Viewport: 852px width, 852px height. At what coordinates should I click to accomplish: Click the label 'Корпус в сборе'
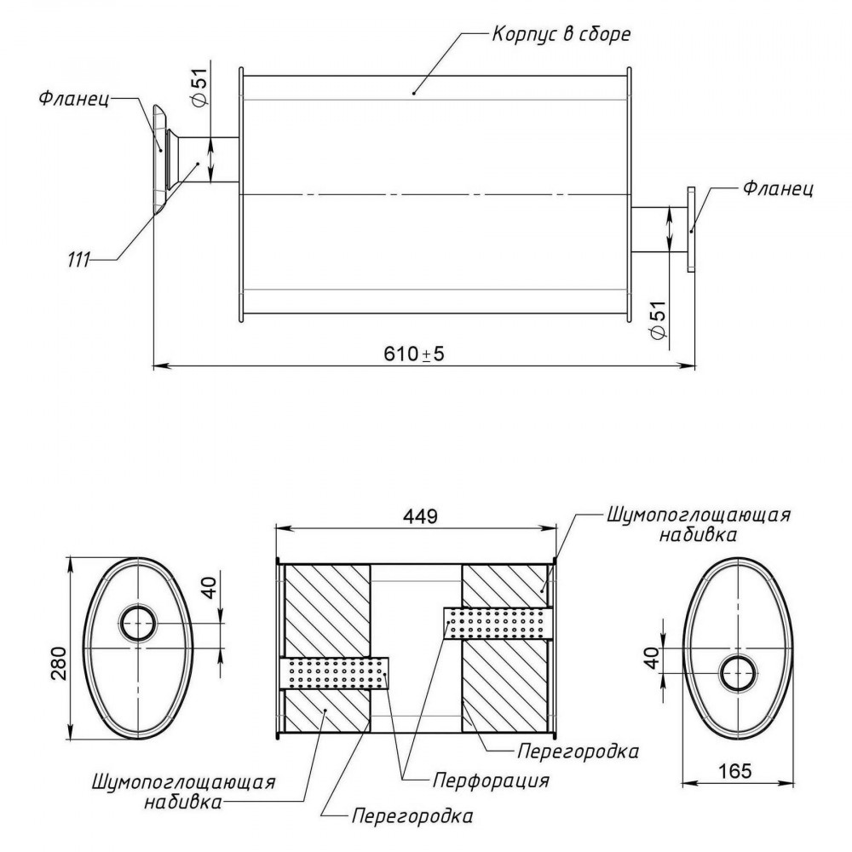pyautogui.click(x=561, y=34)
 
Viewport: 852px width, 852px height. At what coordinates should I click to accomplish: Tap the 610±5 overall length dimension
pyautogui.click(x=414, y=354)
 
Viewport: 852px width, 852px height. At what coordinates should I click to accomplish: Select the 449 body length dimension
pyautogui.click(x=420, y=516)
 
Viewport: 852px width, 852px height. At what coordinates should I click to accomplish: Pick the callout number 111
pyautogui.click(x=78, y=260)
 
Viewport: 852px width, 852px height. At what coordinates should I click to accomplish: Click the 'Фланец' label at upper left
pyautogui.click(x=74, y=99)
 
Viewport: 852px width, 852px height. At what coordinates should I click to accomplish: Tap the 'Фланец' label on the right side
pyautogui.click(x=778, y=188)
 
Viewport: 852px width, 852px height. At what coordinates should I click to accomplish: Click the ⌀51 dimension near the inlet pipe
pyautogui.click(x=200, y=86)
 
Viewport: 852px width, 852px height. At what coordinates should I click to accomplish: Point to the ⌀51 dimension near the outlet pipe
pyautogui.click(x=658, y=320)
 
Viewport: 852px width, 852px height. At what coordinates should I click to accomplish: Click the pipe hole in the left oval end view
pyautogui.click(x=138, y=623)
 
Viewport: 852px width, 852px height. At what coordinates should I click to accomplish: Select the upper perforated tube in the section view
pyautogui.click(x=498, y=623)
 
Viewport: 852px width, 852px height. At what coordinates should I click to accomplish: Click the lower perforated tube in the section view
pyautogui.click(x=334, y=673)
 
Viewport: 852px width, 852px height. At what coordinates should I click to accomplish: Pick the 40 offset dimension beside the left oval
pyautogui.click(x=210, y=587)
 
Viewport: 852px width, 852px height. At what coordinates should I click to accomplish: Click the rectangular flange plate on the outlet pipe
pyautogui.click(x=691, y=228)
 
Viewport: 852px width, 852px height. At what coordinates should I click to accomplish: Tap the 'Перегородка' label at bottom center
pyautogui.click(x=412, y=815)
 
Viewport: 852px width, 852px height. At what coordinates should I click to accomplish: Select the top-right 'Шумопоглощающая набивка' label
pyautogui.click(x=699, y=524)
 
